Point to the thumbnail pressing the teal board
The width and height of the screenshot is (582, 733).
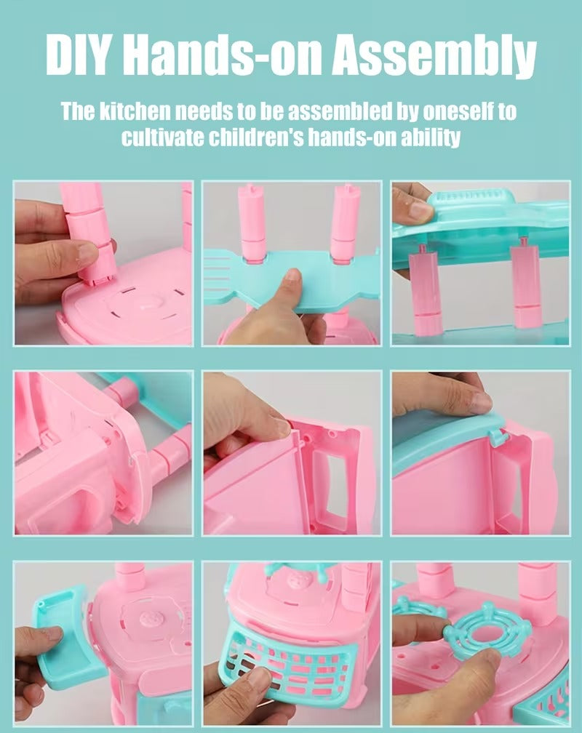tap(293, 276)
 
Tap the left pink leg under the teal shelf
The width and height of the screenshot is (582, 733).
tap(426, 292)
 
